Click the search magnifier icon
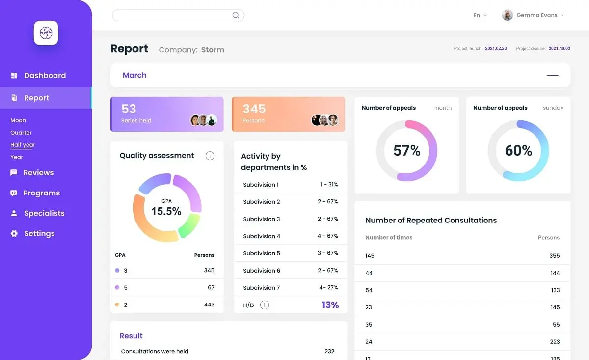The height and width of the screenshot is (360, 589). point(236,15)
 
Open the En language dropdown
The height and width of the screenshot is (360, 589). point(480,15)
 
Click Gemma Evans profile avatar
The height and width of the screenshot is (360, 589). point(507,15)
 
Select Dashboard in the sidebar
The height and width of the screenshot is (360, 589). point(45,75)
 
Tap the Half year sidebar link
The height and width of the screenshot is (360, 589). point(23,145)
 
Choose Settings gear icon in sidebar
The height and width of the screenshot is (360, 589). point(14,233)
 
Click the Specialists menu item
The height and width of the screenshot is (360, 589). point(44,213)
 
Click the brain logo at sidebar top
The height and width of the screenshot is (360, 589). point(46,33)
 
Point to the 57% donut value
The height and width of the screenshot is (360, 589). point(407,150)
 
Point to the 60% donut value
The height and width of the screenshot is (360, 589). point(518,150)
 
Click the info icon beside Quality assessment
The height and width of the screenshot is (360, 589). point(210,156)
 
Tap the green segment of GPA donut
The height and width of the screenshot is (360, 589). point(190,225)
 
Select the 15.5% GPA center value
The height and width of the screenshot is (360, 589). point(166,211)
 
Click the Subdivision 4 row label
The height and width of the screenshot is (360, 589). point(262,236)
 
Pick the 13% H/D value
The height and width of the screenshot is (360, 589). point(330,305)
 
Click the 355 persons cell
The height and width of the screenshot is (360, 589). point(554,256)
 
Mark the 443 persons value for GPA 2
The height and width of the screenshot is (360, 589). point(209,305)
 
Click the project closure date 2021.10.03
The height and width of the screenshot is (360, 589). point(559,48)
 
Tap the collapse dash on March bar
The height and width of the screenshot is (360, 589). point(553,75)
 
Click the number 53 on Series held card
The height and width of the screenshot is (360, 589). point(129,109)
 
